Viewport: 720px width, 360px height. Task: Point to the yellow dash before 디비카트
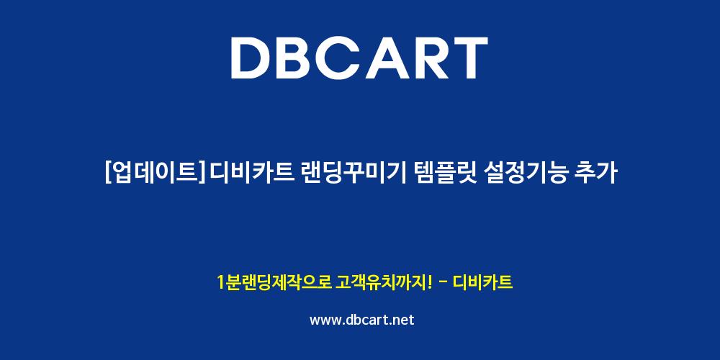pos(444,283)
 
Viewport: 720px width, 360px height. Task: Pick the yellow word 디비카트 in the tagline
pos(482,282)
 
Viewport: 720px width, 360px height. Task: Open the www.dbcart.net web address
pos(362,320)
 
